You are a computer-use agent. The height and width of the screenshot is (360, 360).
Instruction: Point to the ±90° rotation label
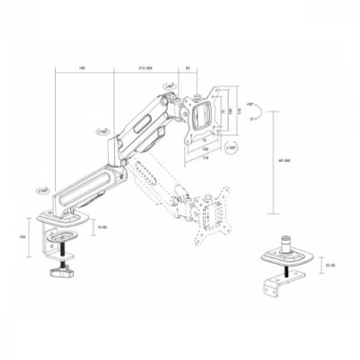tap(171, 87)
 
